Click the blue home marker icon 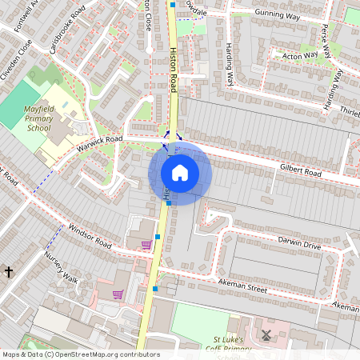click(180, 173)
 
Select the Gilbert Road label click(301, 172)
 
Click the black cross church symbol click(9, 272)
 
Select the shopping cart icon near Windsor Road click(146, 245)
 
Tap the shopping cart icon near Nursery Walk click(118, 294)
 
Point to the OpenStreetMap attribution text click(81, 354)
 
